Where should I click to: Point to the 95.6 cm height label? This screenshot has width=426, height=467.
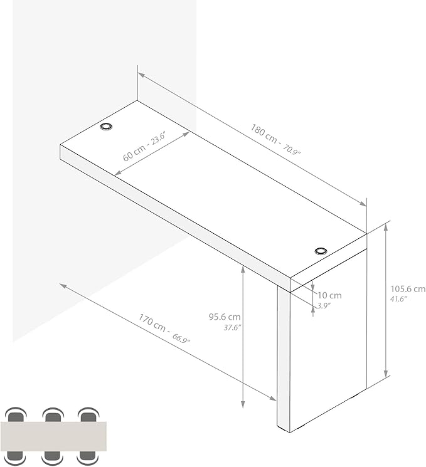tap(225, 317)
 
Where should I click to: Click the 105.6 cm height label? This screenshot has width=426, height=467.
tap(408, 288)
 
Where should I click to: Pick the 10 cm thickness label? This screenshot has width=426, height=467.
tap(329, 295)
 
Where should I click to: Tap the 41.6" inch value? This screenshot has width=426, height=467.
tap(398, 299)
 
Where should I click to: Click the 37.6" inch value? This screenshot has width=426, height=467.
tap(232, 328)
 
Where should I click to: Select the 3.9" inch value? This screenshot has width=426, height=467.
tap(324, 305)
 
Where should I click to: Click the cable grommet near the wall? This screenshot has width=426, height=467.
tap(106, 127)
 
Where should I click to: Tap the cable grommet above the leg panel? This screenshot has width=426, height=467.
tap(321, 251)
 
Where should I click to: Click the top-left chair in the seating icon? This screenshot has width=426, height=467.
tap(16, 415)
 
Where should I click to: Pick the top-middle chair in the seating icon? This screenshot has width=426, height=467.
tap(53, 415)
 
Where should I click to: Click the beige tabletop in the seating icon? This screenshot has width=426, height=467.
tap(53, 436)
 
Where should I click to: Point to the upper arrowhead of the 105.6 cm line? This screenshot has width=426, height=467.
tap(386, 227)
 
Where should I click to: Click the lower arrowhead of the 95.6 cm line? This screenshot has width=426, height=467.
tap(243, 404)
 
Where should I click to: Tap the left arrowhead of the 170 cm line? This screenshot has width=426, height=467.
tap(63, 286)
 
